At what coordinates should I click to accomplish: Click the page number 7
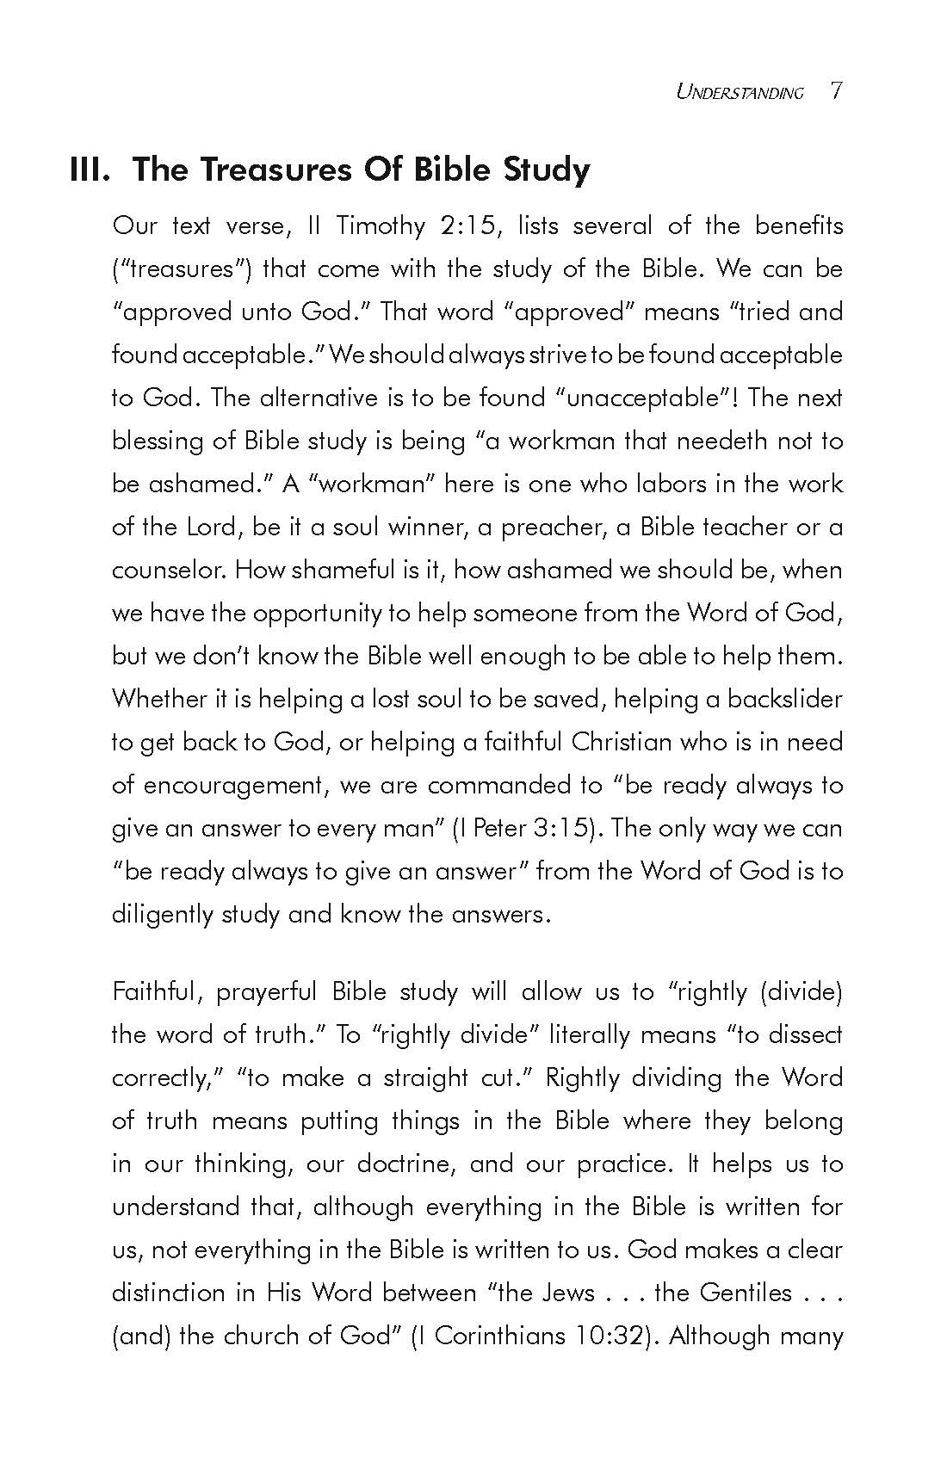point(836,91)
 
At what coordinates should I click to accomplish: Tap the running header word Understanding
point(740,92)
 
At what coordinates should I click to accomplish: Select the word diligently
point(162,914)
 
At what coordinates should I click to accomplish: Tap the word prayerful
point(266,991)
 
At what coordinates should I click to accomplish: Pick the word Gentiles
point(746,1293)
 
